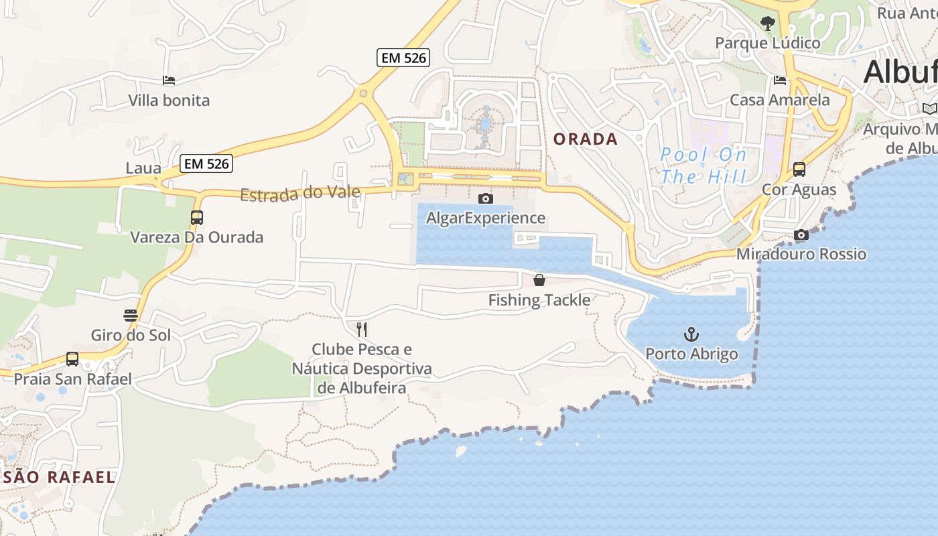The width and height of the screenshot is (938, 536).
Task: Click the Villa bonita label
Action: tap(169, 100)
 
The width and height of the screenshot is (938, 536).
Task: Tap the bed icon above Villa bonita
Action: tap(169, 80)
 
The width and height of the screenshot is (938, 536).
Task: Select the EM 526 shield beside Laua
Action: tap(206, 163)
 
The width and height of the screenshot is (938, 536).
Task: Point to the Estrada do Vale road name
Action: tap(300, 194)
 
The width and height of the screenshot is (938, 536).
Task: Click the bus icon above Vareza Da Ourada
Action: tap(196, 217)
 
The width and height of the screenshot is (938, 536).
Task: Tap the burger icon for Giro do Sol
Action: tap(131, 315)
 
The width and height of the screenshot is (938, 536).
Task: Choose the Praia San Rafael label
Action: tap(73, 379)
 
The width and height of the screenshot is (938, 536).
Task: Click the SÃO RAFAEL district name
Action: tap(59, 478)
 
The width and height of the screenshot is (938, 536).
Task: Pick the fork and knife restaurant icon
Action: tap(362, 329)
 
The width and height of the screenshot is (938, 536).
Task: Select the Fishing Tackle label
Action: tap(539, 300)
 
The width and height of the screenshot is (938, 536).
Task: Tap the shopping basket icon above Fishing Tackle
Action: tap(539, 280)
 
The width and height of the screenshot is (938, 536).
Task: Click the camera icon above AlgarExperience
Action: tap(486, 198)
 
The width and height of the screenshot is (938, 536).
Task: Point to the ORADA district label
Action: tap(586, 139)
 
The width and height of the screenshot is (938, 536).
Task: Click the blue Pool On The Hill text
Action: tap(703, 165)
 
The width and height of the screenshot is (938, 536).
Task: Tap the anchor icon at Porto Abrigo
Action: tap(691, 334)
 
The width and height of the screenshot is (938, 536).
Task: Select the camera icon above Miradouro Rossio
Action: tap(801, 234)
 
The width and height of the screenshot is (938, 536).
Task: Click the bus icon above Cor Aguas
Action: tap(799, 169)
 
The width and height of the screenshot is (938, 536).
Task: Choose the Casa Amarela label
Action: tap(780, 100)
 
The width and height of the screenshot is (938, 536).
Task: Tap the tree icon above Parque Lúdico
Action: tap(768, 23)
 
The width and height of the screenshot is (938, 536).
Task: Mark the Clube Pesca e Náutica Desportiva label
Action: tap(362, 368)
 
